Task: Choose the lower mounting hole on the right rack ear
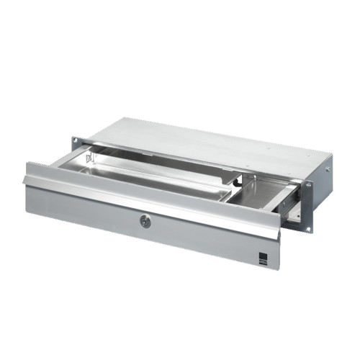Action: pyautogui.click(x=309, y=229)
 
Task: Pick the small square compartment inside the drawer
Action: pyautogui.click(x=258, y=191)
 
